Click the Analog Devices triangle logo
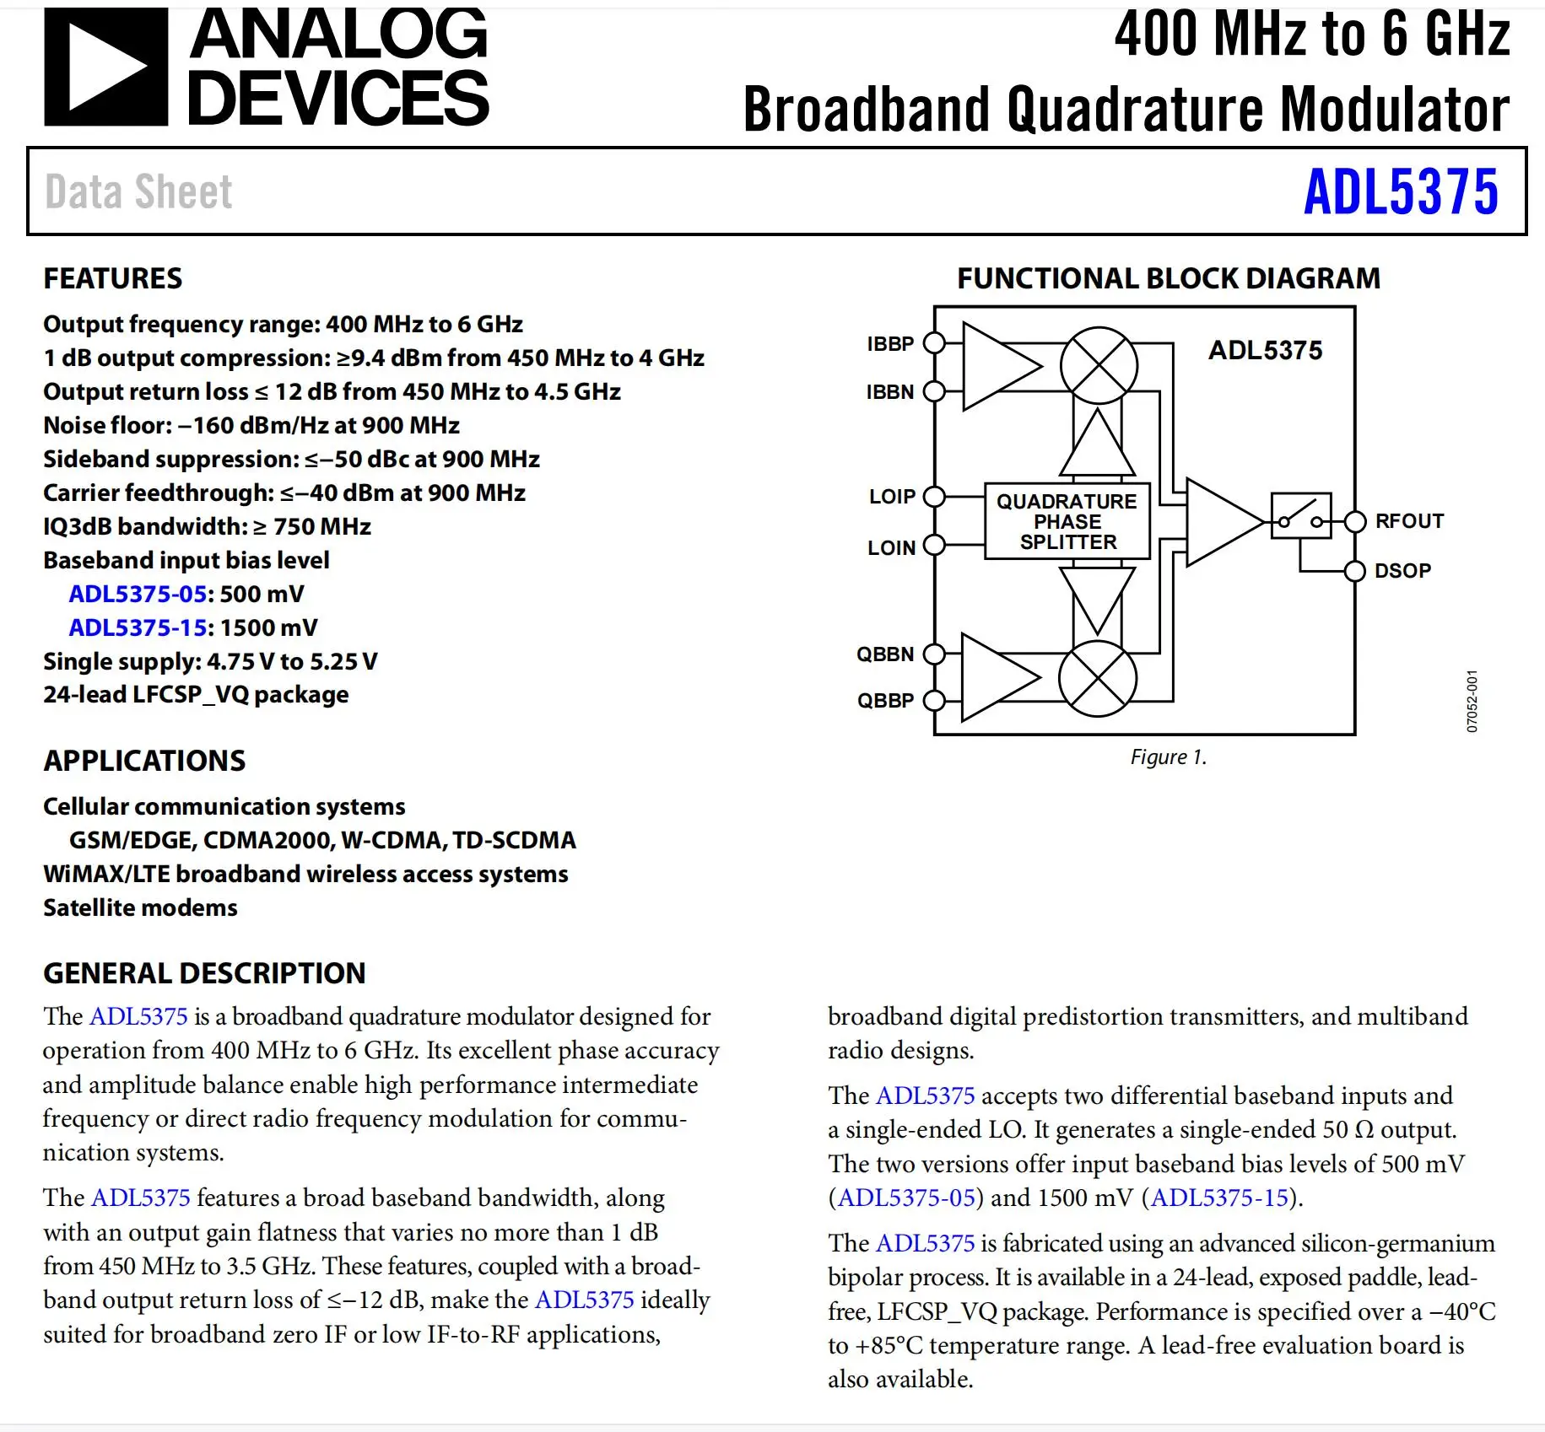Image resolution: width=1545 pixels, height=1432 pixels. coord(105,67)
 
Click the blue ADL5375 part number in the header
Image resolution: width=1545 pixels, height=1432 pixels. coord(1401,192)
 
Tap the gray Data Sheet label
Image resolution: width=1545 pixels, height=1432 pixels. coord(138,192)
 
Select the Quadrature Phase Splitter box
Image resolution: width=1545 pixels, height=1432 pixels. coord(1067,521)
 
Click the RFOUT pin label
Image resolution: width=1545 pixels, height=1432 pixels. coord(1409,521)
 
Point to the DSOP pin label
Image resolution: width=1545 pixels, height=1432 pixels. coord(1402,571)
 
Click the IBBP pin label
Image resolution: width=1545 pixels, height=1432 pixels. coord(890,344)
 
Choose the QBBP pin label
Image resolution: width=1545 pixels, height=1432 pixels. coord(885,701)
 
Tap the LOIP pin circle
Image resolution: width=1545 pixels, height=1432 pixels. coord(934,497)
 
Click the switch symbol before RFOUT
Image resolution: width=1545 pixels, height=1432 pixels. coord(1300,516)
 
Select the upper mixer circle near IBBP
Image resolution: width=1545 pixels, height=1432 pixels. coord(1099,366)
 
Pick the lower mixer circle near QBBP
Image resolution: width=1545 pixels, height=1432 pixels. coord(1098,679)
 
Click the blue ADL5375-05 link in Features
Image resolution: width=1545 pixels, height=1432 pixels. coord(138,594)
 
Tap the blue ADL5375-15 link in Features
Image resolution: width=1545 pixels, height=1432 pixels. coord(138,627)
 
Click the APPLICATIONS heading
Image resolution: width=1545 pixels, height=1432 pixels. coord(144,761)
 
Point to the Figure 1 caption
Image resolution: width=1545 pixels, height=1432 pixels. coord(1168,757)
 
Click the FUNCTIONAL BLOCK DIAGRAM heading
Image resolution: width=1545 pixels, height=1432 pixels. coord(1168,278)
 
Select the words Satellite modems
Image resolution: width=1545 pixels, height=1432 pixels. coord(140,907)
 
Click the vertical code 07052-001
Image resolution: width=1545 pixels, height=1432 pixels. coord(1472,702)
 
